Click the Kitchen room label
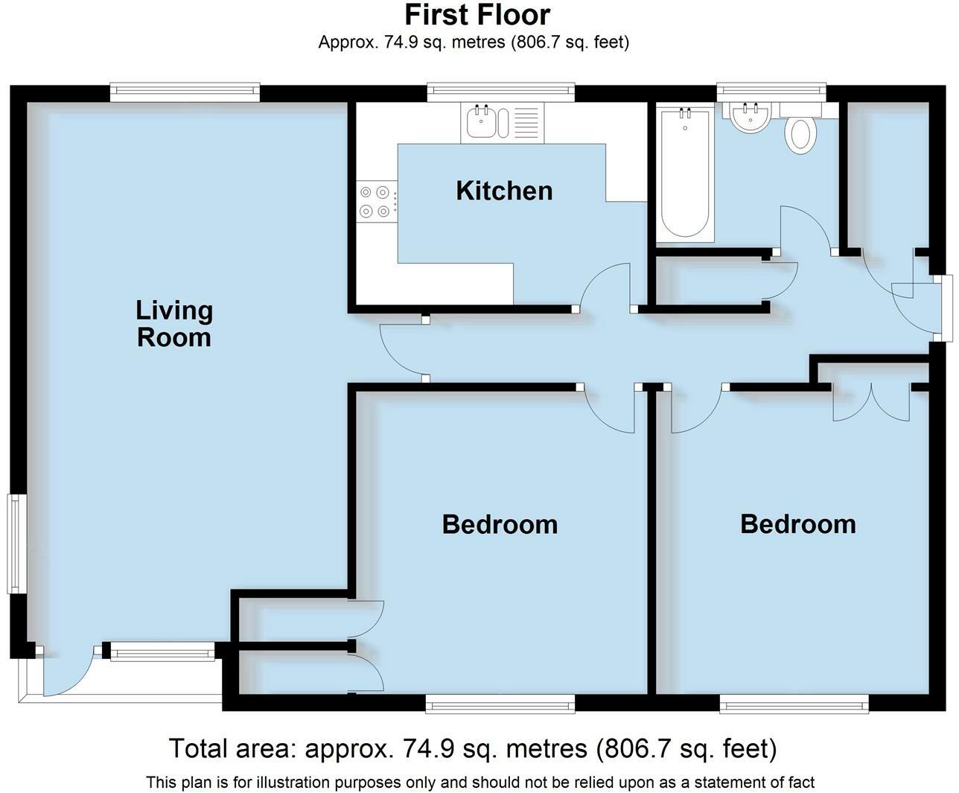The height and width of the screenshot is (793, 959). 504,191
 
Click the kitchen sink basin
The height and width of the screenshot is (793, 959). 480,122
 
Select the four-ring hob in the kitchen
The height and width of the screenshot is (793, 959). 376,201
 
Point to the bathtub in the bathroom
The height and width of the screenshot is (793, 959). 685,173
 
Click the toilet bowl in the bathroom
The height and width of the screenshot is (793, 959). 800,135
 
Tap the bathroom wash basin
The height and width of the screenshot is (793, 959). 750,117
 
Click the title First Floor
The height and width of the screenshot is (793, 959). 477,15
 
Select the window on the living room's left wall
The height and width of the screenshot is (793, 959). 16,543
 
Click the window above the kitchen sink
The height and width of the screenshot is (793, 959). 500,92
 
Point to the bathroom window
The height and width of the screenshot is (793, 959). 771,92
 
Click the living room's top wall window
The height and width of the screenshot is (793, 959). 185,92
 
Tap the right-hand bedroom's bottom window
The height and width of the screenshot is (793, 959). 794,704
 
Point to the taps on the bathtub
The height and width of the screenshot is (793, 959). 685,111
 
